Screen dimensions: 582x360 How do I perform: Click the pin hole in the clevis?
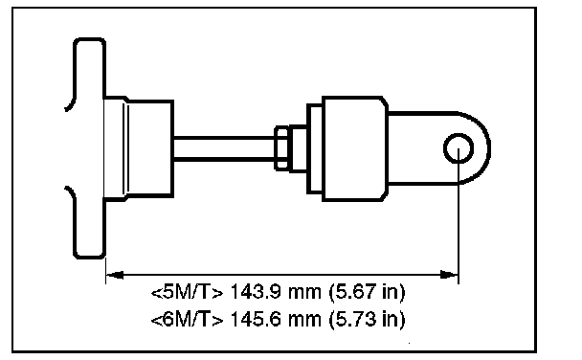(459, 148)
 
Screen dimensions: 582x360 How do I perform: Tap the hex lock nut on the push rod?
(281, 148)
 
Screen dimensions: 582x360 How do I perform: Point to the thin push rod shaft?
(224, 148)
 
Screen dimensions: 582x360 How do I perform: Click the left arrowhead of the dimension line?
(115, 275)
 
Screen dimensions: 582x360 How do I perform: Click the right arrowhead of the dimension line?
(449, 275)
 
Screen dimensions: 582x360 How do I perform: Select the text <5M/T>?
(188, 292)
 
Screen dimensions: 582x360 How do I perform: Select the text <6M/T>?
(188, 319)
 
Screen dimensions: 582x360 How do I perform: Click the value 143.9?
(256, 292)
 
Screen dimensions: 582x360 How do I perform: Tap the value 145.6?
(256, 319)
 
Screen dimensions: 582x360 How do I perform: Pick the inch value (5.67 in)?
(367, 292)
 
